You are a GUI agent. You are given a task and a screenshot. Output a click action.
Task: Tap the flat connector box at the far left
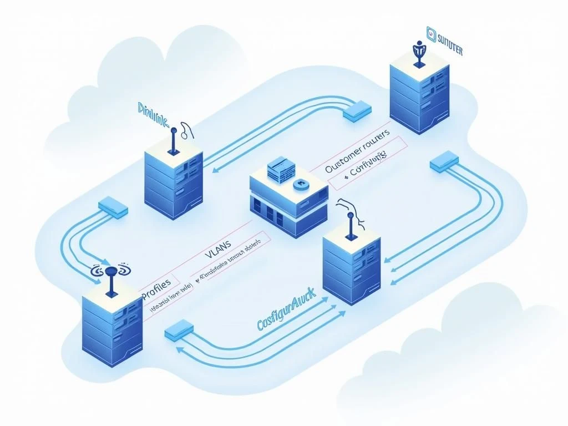(x=113, y=207)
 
